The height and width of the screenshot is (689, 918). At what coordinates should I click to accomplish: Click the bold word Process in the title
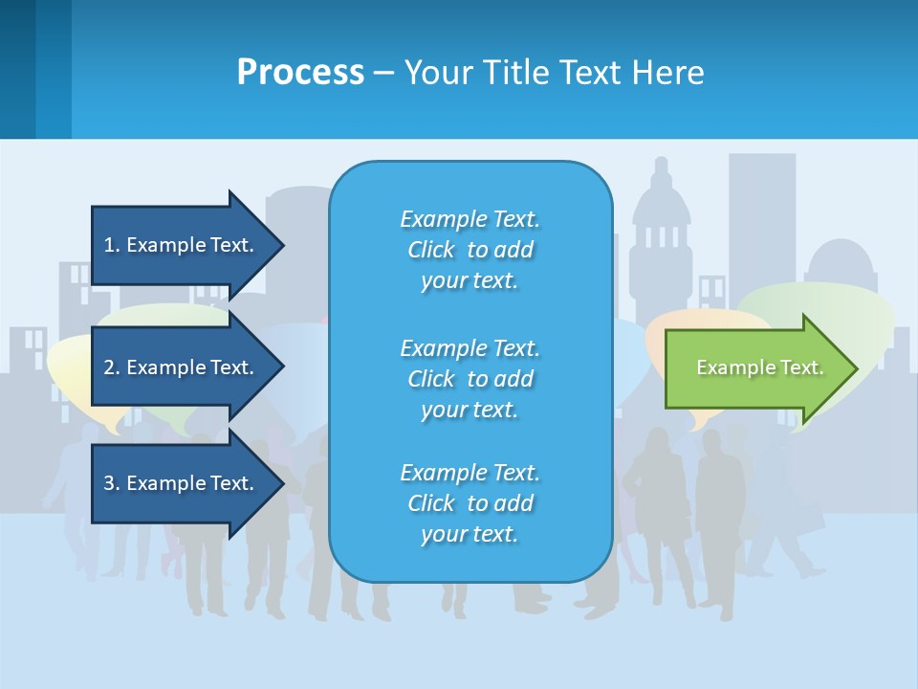click(x=300, y=73)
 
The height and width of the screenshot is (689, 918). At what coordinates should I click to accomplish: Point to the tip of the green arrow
click(x=855, y=368)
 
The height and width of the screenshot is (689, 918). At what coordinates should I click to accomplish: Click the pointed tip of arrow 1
click(x=282, y=245)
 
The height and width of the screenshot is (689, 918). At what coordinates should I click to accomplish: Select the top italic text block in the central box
click(x=470, y=250)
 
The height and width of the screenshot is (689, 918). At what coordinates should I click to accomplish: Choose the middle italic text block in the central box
click(x=470, y=379)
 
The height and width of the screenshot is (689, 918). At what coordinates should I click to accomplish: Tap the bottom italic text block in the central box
click(x=470, y=503)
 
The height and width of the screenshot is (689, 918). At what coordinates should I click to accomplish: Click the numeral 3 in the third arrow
click(x=109, y=483)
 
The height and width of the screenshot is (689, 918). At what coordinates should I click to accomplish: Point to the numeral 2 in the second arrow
click(x=109, y=367)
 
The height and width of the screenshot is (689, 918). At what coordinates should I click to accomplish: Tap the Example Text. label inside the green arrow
click(x=760, y=367)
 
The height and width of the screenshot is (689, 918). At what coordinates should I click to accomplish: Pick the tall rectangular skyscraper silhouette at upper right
click(x=761, y=220)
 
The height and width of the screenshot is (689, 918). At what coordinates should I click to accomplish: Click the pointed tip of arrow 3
click(x=282, y=483)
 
